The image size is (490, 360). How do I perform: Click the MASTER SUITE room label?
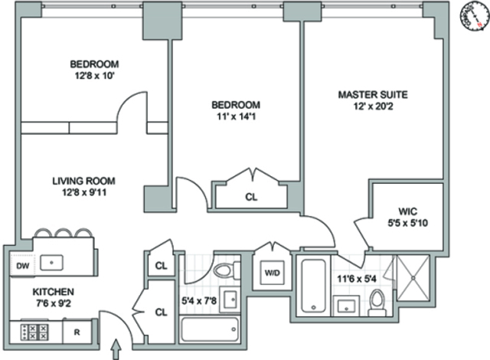(x=373, y=95)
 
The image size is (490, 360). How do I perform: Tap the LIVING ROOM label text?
(x=83, y=182)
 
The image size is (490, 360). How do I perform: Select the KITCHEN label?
(x=53, y=292)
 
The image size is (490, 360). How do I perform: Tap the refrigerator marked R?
(x=77, y=332)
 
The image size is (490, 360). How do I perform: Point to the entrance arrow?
(x=116, y=349)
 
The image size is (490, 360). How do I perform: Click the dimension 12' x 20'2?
(x=373, y=108)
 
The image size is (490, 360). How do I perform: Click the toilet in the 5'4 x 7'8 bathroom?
(x=225, y=270)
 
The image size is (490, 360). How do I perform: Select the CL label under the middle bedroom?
(x=250, y=196)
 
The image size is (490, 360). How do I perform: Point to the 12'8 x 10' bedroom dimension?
(x=94, y=77)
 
